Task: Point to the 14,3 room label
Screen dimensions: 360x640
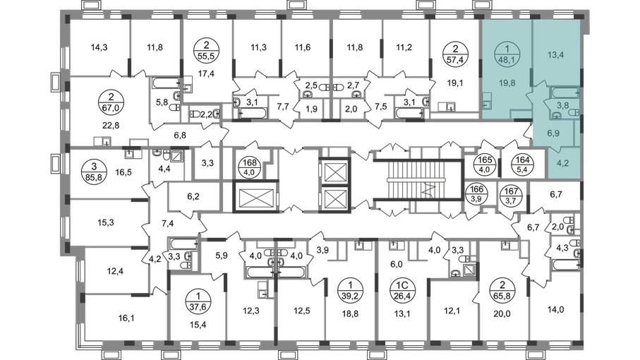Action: coord(99,48)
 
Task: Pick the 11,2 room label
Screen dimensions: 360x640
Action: coord(404,48)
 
